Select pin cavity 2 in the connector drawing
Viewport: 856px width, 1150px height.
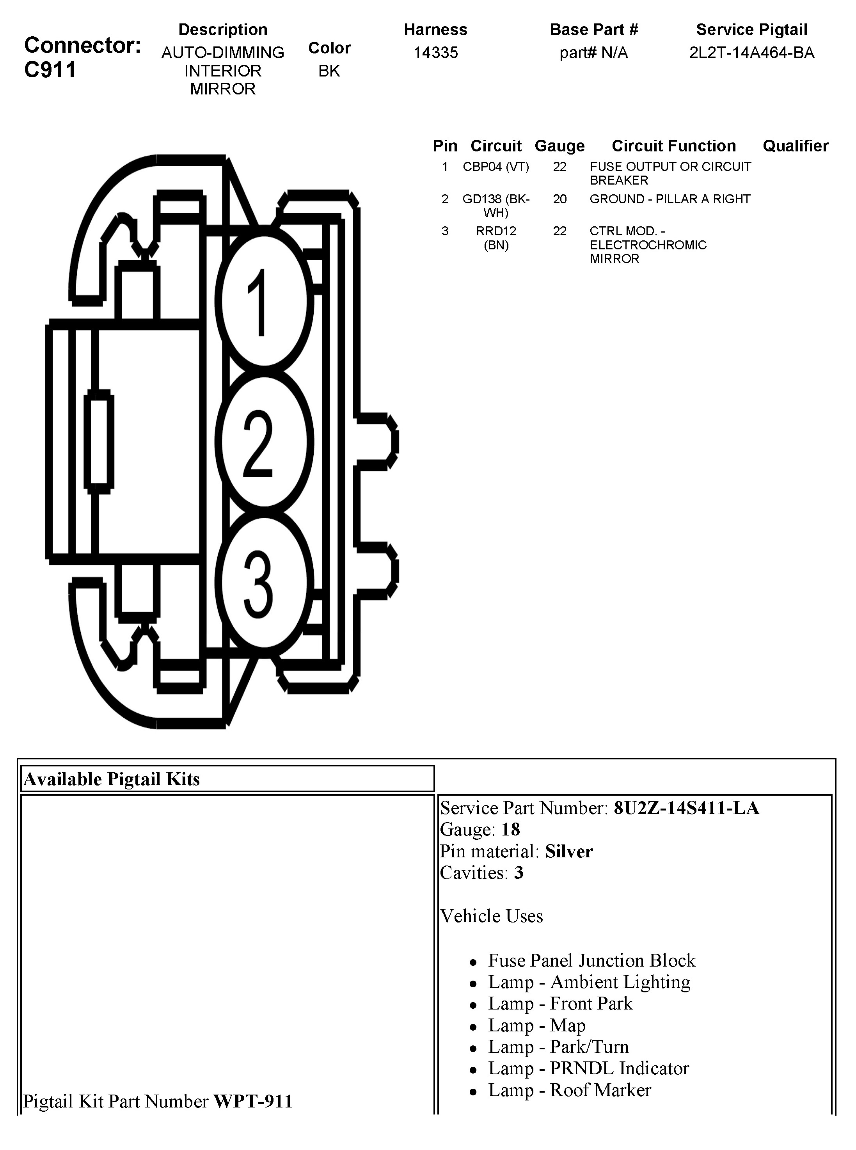[264, 442]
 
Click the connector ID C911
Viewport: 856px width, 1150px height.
[50, 70]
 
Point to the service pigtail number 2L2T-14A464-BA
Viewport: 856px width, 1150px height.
[751, 53]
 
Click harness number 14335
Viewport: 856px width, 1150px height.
[435, 53]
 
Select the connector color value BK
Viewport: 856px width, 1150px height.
[329, 71]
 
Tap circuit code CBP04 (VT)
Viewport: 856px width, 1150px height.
[496, 167]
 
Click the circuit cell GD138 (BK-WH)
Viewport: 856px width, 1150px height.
[496, 206]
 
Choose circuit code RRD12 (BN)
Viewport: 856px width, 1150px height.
[496, 238]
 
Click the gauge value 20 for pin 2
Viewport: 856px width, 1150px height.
[559, 199]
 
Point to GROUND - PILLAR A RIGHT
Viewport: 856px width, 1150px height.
[670, 199]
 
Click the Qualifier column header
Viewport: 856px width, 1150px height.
[796, 146]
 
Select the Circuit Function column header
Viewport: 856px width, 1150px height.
[674, 146]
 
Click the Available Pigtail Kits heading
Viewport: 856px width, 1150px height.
[112, 779]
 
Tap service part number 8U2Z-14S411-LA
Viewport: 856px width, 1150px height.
[686, 808]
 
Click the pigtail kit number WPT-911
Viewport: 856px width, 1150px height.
[253, 1101]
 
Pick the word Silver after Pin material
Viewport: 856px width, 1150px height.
[569, 851]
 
